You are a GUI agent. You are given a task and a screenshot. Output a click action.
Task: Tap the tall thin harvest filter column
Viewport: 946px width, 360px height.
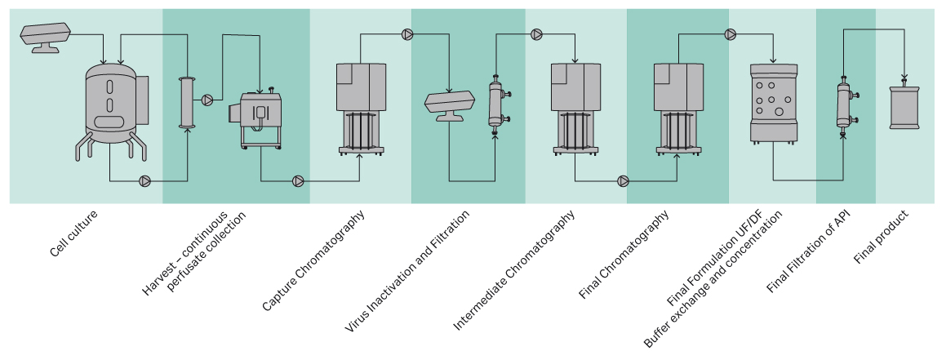click(189, 101)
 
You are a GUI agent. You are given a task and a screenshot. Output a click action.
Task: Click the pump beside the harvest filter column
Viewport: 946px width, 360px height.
click(207, 100)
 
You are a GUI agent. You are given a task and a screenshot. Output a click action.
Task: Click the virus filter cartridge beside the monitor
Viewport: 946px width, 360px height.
click(495, 104)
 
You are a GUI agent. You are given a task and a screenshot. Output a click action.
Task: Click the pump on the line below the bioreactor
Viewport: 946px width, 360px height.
click(144, 180)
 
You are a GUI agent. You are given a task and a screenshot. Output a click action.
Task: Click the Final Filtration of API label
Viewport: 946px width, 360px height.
click(807, 253)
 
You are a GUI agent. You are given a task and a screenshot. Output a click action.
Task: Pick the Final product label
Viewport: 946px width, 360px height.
click(882, 237)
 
